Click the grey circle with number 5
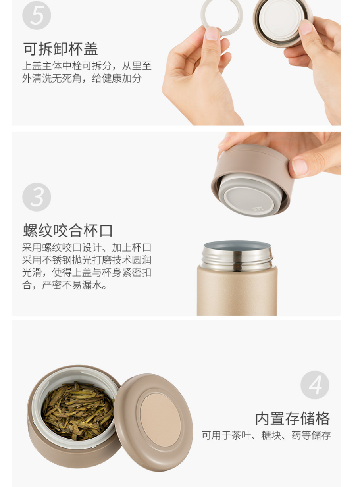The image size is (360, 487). [37, 15]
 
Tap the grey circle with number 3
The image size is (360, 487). [37, 197]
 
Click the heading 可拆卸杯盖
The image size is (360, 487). [61, 49]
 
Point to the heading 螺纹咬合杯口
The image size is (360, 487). [68, 231]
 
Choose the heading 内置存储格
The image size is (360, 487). [293, 419]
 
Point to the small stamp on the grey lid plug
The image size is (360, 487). [258, 209]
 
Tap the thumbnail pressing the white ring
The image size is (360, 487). [212, 33]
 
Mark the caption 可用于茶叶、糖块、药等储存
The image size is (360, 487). [266, 435]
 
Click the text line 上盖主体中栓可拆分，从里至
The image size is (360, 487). [87, 66]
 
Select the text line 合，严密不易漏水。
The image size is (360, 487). [64, 285]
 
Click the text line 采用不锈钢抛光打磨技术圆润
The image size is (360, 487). [87, 260]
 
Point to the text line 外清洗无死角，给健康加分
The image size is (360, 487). [82, 78]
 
